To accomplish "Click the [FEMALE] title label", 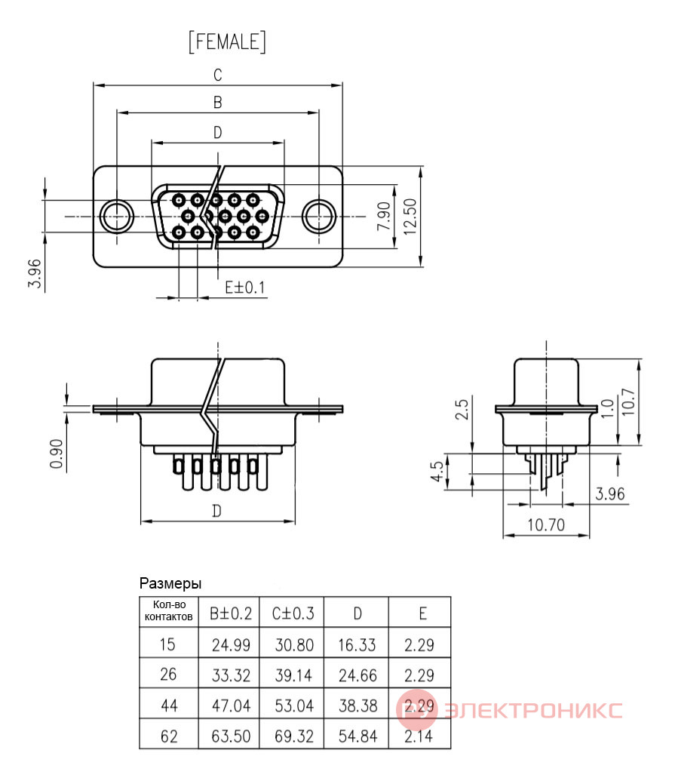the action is click(227, 42).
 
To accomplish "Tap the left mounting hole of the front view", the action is click(116, 217).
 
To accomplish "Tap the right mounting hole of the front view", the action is click(319, 217).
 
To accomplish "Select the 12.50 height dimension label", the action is click(410, 217).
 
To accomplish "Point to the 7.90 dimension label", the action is click(384, 216).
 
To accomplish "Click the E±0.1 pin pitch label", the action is click(245, 287).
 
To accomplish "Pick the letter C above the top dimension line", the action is click(218, 75).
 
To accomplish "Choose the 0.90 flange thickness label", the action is click(57, 453).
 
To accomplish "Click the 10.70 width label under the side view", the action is click(546, 525).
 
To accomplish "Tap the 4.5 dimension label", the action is click(437, 471).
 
